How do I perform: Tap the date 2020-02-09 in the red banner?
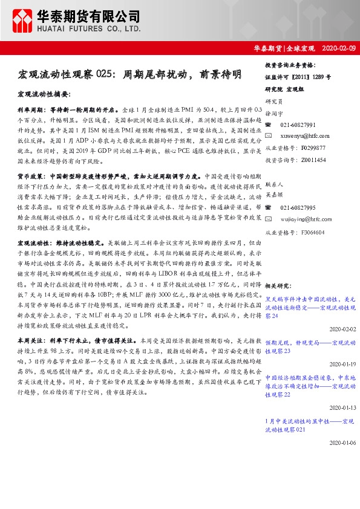(x=339, y=48)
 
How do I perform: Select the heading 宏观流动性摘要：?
(x=44, y=95)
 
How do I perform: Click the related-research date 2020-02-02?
(x=343, y=329)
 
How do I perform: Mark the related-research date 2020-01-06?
(x=343, y=442)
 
